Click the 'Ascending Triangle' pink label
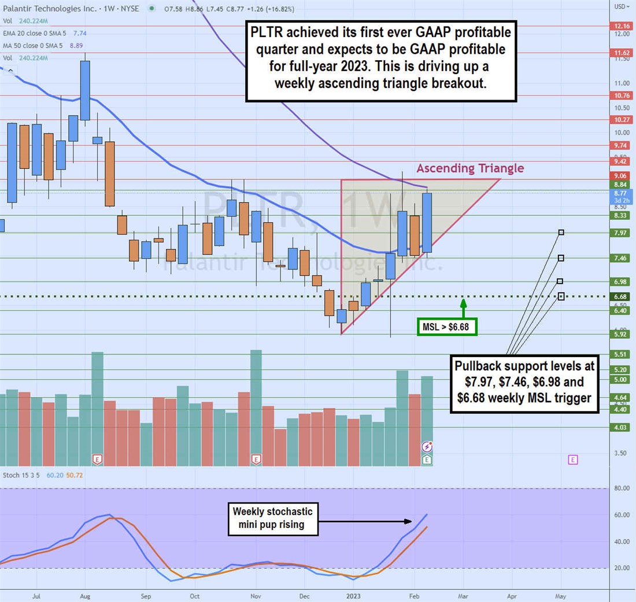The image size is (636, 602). pos(470,168)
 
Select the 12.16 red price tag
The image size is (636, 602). pos(622,26)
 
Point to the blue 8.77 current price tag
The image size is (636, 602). pos(622,193)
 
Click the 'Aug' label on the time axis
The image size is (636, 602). pos(84,595)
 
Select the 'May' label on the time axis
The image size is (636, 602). pos(560,595)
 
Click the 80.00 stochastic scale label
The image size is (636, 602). pos(622,488)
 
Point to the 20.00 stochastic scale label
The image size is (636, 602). pos(622,568)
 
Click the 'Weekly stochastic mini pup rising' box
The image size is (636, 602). pos(272,519)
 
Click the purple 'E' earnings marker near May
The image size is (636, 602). pos(572,460)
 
